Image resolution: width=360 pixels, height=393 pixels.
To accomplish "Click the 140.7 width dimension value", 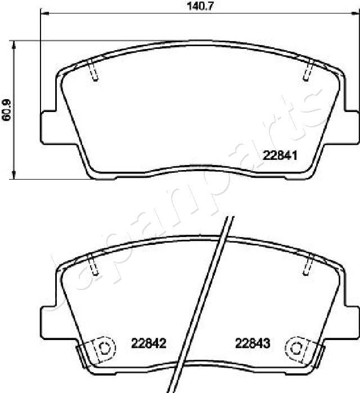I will click(200, 6).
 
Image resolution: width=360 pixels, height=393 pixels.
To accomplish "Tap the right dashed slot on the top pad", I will click(307, 71).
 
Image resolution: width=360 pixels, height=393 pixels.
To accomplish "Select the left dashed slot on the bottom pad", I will click(94, 264).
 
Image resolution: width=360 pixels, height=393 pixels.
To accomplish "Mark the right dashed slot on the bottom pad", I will click(308, 264).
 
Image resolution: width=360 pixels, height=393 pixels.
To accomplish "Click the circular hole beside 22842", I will click(103, 347).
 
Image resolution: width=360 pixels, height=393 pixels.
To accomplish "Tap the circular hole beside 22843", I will click(296, 347).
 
